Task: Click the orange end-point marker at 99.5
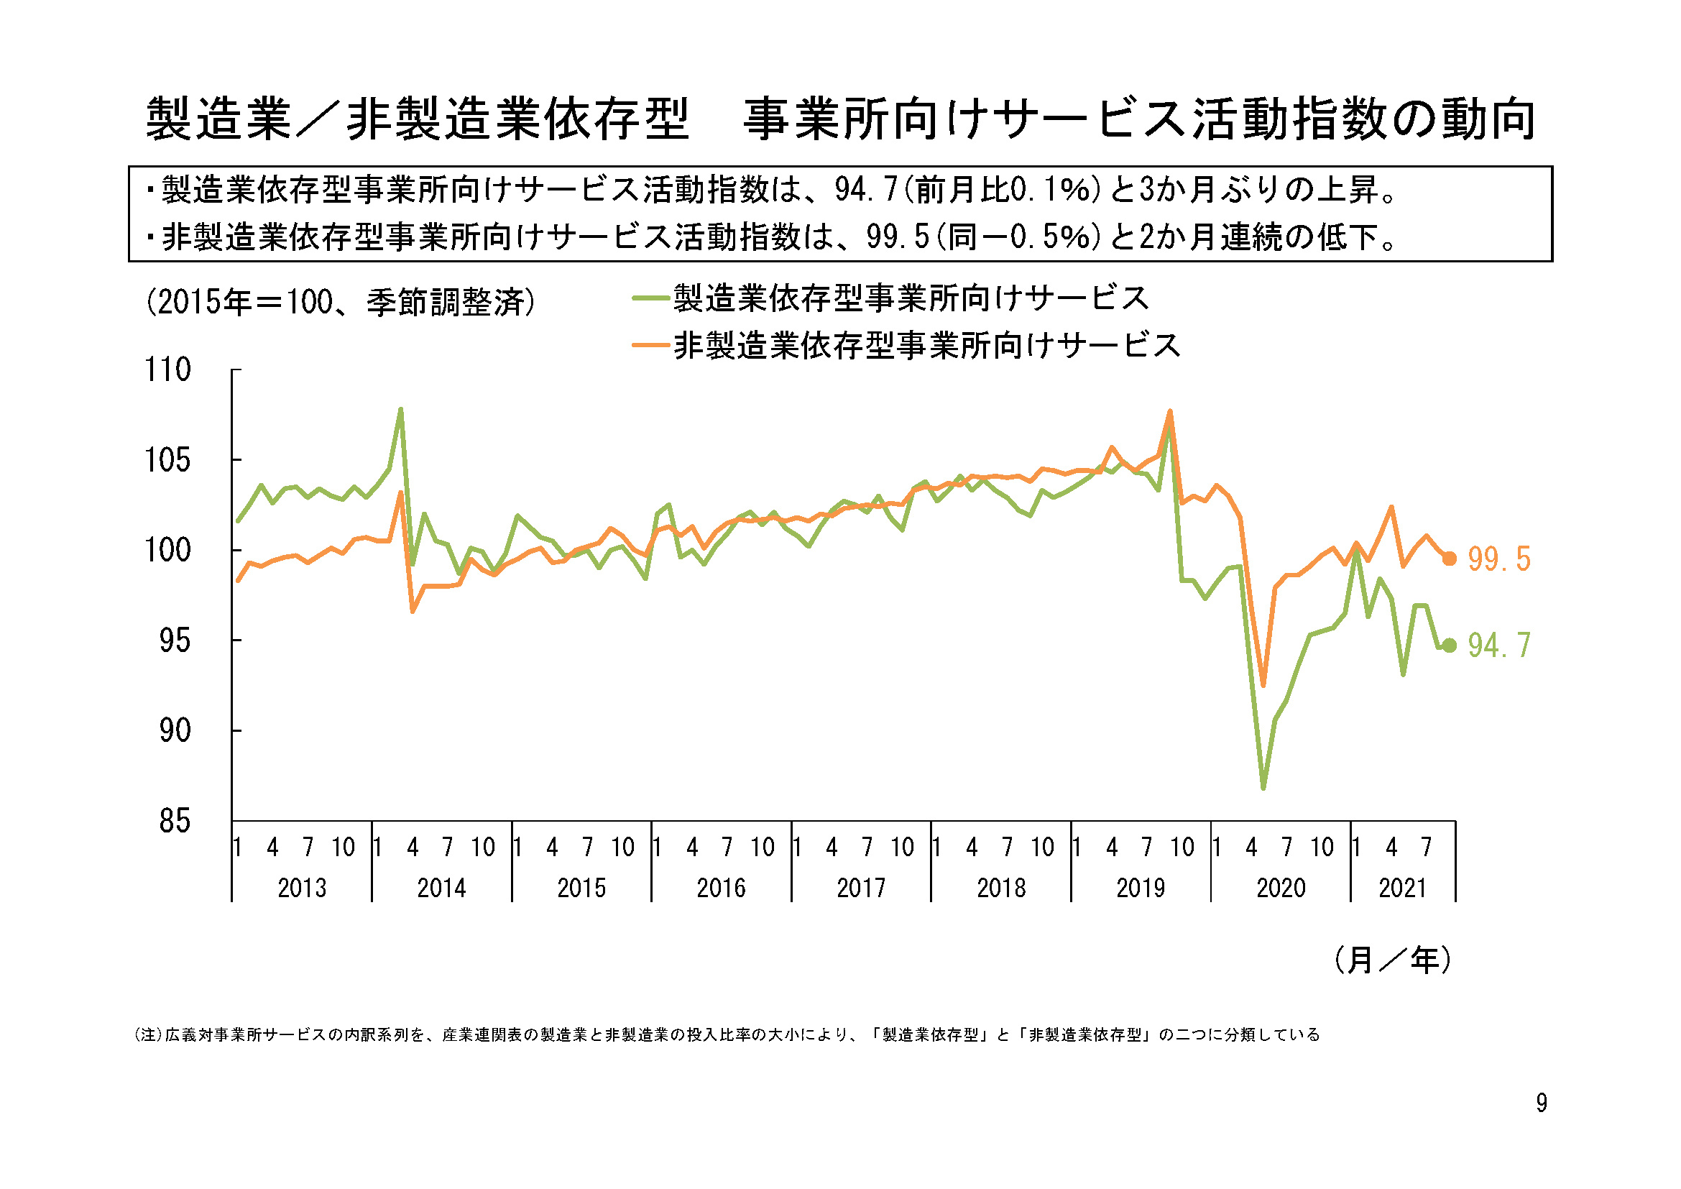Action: coord(1449,559)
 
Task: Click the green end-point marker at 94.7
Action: coord(1449,645)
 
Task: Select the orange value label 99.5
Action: coord(1498,559)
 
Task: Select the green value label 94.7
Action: coord(1498,646)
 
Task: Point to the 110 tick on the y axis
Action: coord(167,369)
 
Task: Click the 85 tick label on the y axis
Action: coord(175,822)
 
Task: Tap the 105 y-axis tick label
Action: coord(167,461)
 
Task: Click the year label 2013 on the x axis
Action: coord(302,888)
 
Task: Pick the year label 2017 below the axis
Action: coord(861,888)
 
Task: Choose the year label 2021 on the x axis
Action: coord(1402,888)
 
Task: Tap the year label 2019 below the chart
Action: coord(1141,888)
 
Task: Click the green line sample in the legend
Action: coord(650,298)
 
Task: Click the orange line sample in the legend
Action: coord(650,345)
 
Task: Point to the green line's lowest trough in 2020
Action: coord(1263,788)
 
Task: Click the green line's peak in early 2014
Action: coord(400,409)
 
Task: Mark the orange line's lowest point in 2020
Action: coord(1263,685)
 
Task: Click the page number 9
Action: coord(1541,1103)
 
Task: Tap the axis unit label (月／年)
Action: coord(1392,960)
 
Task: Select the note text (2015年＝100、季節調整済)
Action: coord(341,302)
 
